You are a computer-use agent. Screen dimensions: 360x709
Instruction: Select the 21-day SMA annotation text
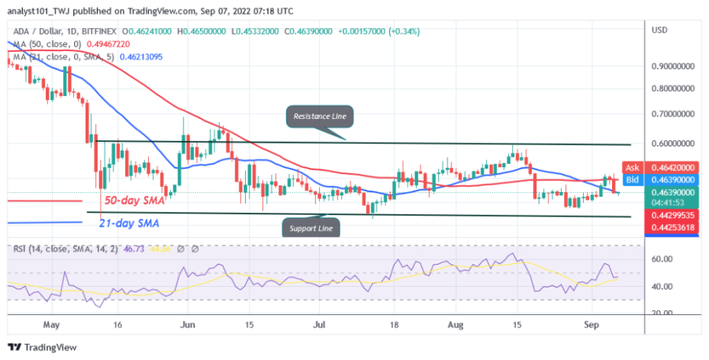coord(129,224)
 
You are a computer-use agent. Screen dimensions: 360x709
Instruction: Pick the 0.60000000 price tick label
coord(671,144)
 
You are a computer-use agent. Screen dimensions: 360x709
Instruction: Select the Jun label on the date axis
coord(187,324)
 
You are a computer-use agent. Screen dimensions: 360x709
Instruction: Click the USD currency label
coord(660,30)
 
